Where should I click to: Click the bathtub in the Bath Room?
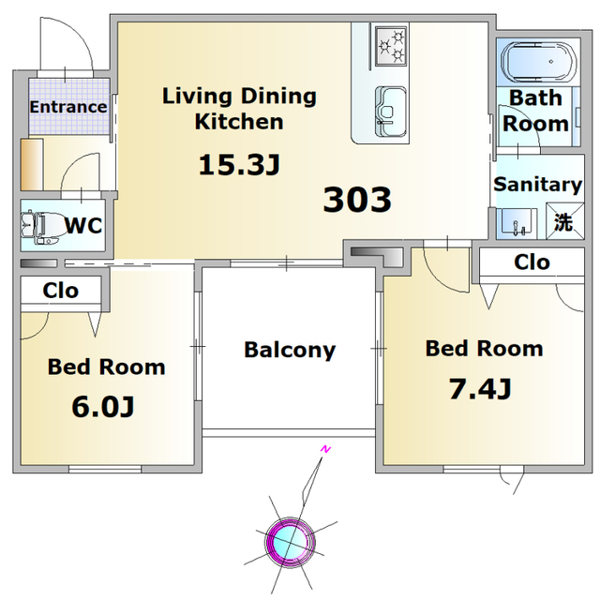point(538,62)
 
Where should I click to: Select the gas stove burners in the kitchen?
point(391,46)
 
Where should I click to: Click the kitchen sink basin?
point(390,112)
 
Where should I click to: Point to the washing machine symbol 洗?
point(564,221)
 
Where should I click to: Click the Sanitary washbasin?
point(517,223)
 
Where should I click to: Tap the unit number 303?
point(357,200)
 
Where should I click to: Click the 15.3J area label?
point(240,165)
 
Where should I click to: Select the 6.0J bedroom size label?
point(103,406)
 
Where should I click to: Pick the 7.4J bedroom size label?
point(480,389)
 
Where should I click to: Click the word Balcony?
point(290,350)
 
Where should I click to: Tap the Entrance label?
point(68,107)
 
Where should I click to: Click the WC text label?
point(83,225)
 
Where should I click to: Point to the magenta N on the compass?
point(325,449)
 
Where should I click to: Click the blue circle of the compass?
point(291,542)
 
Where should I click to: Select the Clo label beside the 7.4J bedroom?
point(532,262)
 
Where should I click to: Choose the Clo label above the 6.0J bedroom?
point(60,291)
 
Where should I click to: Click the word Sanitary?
point(538,185)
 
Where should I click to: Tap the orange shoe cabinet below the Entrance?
point(32,165)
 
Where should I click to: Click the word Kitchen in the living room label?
point(239,122)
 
